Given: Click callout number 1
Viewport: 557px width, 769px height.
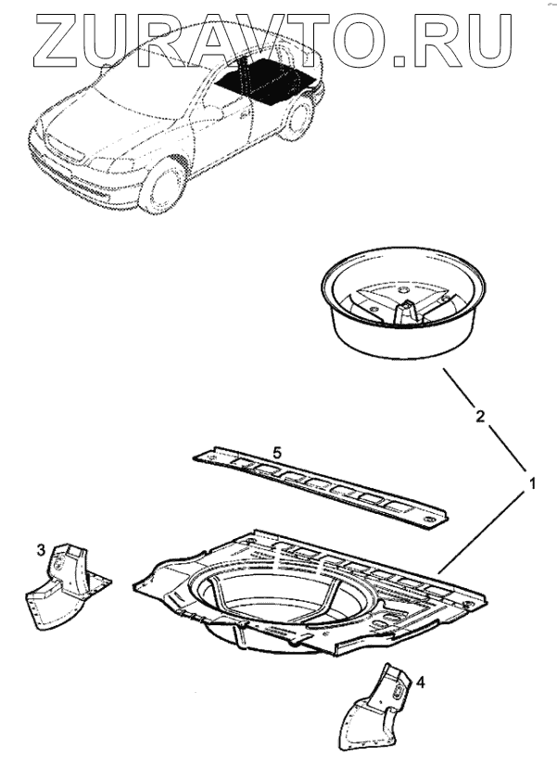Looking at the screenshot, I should tap(533, 483).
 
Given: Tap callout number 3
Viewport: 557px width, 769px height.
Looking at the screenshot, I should tap(41, 551).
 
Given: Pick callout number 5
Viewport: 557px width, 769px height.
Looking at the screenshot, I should tap(275, 451).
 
